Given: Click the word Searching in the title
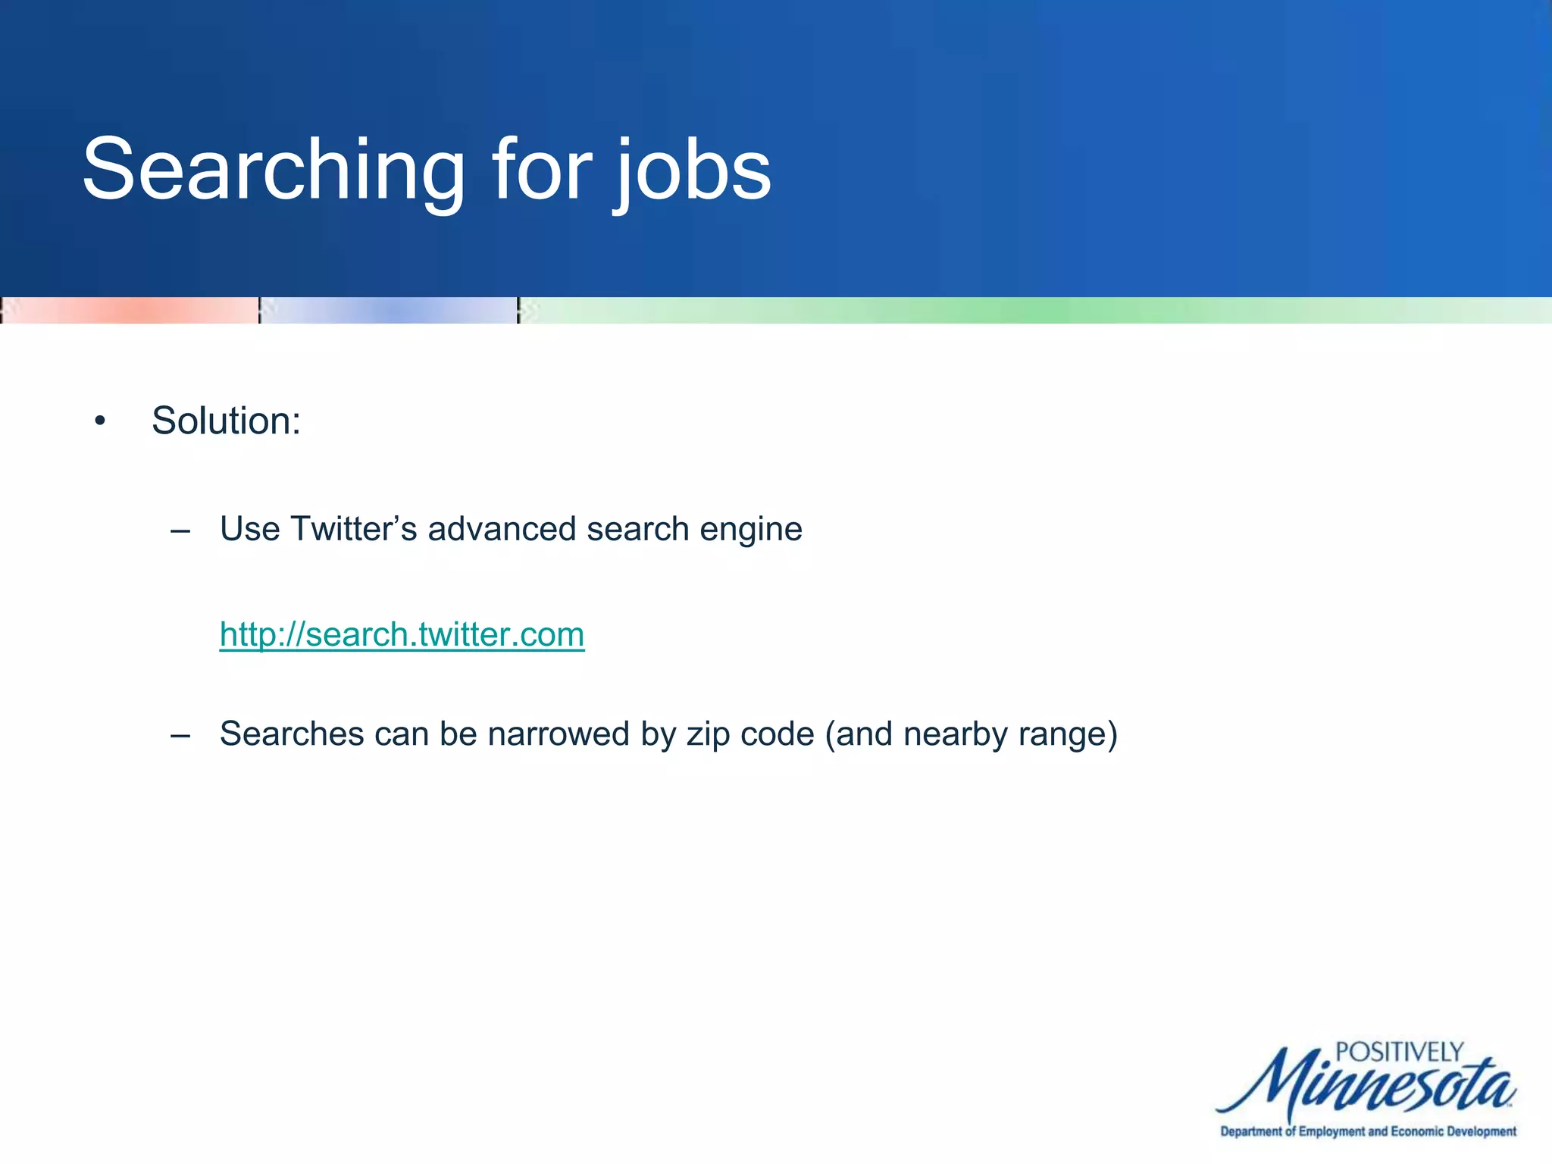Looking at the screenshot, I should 273,171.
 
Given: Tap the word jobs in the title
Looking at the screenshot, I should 693,171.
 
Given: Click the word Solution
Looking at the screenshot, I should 226,421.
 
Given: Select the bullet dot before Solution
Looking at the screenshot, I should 100,421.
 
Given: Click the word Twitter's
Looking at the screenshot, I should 353,529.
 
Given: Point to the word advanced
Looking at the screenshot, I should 501,529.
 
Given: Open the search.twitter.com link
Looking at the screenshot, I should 402,634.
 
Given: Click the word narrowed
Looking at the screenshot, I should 559,734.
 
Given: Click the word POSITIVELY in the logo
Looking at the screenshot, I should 1398,1053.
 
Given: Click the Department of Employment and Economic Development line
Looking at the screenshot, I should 1368,1131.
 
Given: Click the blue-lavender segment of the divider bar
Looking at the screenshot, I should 389,311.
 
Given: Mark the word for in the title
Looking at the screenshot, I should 541,171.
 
